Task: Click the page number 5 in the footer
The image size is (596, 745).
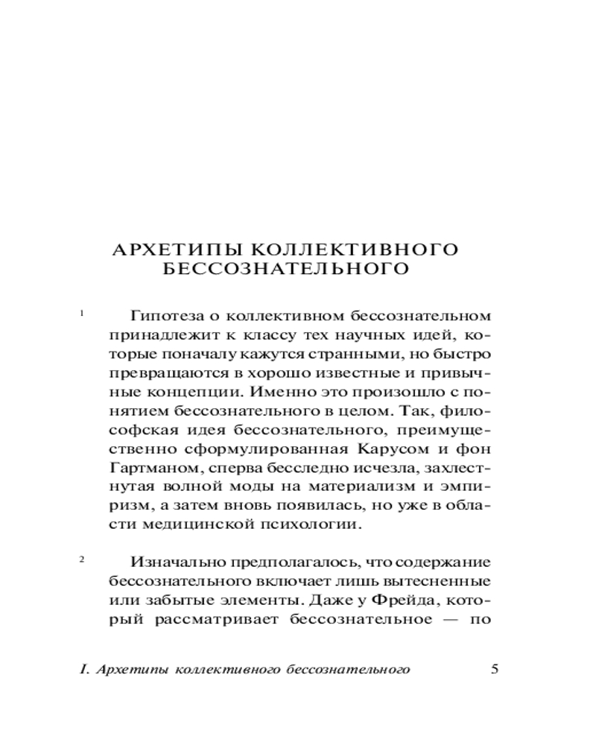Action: (495, 668)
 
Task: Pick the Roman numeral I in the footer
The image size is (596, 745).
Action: (81, 669)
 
